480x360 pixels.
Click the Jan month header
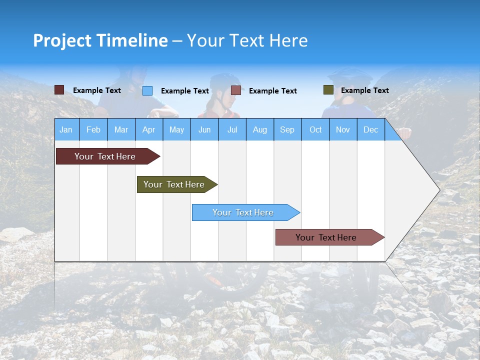[66, 129]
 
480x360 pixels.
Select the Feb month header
[93, 129]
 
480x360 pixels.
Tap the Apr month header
[148, 129]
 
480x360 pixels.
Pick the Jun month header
[204, 129]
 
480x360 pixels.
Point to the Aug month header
[259, 129]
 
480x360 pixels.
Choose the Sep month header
[287, 129]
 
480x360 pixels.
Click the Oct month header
[315, 129]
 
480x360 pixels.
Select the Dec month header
[370, 129]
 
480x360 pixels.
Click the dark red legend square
[59, 90]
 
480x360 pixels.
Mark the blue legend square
[147, 90]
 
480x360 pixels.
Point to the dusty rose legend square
[236, 90]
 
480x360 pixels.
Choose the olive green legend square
[328, 90]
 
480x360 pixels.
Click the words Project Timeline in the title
[100, 40]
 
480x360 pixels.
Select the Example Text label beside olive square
[364, 90]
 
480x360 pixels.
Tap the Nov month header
[343, 129]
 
